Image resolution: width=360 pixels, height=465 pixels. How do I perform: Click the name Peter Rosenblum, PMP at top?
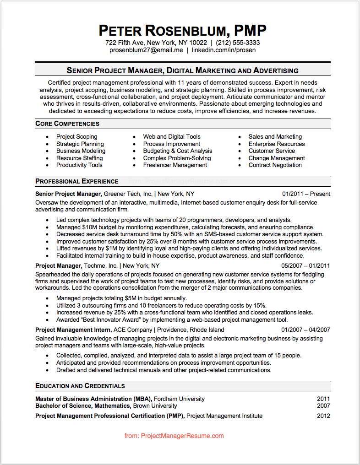(x=182, y=31)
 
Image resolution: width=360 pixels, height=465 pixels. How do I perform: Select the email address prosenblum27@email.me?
(x=146, y=50)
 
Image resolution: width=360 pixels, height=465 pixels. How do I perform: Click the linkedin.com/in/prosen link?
(x=224, y=50)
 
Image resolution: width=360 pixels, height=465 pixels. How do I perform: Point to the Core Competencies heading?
(x=67, y=124)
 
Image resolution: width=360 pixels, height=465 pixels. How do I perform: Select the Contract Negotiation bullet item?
(x=275, y=165)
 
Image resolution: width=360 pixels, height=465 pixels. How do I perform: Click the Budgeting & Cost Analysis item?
(x=178, y=151)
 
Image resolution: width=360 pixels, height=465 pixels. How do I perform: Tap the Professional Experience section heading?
(x=76, y=181)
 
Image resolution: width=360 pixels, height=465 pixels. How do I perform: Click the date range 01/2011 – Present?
(x=306, y=194)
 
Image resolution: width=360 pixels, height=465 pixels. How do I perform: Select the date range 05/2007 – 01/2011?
(x=305, y=265)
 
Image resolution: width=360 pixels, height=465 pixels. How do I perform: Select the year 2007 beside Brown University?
(x=323, y=406)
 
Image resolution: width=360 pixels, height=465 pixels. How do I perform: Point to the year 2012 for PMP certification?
(x=323, y=416)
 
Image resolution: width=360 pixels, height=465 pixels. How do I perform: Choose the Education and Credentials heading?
(x=80, y=386)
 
